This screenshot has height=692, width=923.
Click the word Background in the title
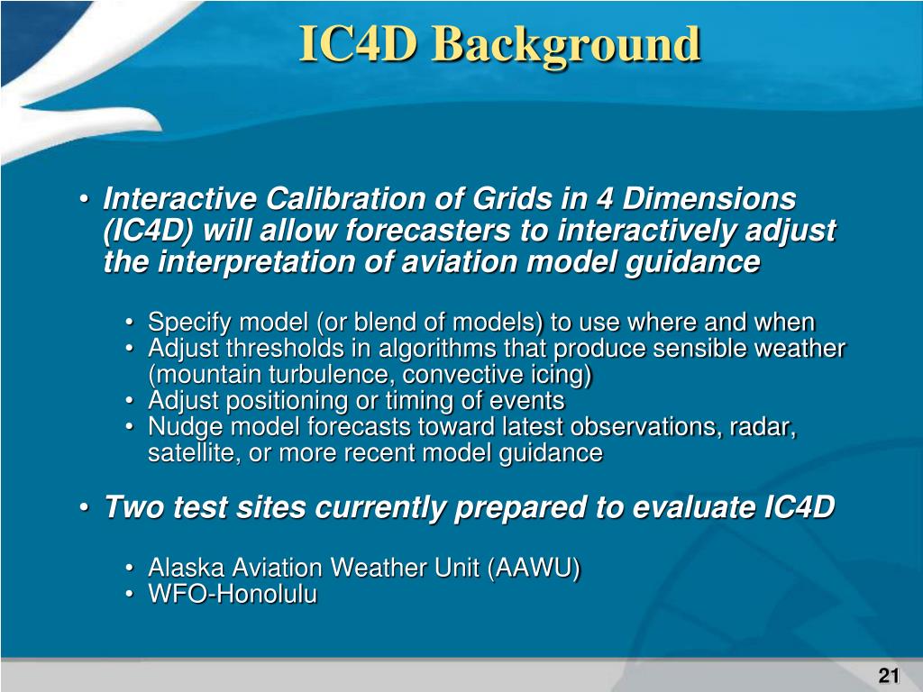click(570, 46)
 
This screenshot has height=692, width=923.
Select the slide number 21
click(888, 675)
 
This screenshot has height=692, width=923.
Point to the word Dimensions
click(708, 198)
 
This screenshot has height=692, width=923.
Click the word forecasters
click(428, 230)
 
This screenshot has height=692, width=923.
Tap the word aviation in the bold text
click(459, 261)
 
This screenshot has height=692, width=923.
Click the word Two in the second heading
click(134, 506)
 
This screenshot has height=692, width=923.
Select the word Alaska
click(186, 568)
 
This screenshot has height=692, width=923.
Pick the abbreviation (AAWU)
click(534, 568)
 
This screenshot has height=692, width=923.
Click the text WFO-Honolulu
click(233, 594)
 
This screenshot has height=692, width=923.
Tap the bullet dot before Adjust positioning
click(130, 401)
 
